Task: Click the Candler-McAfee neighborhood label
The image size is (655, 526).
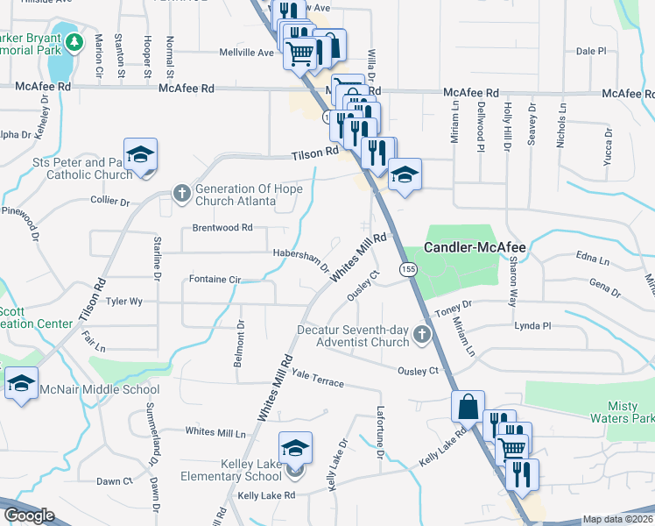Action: click(475, 248)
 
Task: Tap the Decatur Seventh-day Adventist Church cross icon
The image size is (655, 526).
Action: click(422, 333)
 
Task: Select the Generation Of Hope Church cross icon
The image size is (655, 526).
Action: click(182, 192)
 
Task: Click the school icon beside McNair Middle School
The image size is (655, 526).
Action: click(21, 383)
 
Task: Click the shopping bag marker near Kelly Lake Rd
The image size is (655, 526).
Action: click(468, 407)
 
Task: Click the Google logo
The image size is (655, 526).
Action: click(28, 515)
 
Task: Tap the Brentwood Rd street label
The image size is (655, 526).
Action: click(223, 228)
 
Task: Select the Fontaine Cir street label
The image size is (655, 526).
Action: click(215, 280)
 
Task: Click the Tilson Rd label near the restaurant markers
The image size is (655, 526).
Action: click(314, 153)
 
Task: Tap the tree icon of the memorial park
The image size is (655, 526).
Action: click(75, 41)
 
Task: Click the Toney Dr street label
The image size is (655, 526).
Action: click(454, 306)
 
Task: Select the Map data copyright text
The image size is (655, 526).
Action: click(617, 519)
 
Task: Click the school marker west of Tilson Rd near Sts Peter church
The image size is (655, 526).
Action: click(140, 155)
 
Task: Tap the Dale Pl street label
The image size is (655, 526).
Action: click(591, 52)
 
